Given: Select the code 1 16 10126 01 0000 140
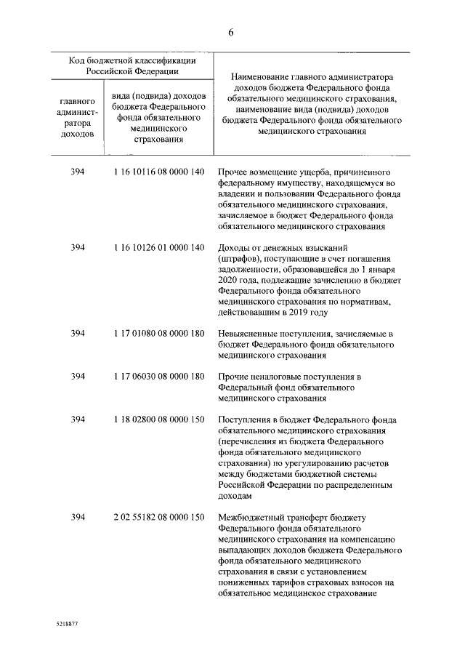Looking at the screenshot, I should point(158,248).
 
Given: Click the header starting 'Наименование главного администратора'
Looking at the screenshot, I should point(311,103).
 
